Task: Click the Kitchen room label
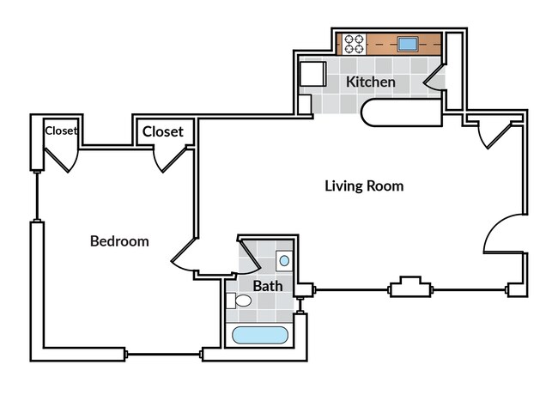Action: (371, 83)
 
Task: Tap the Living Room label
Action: (364, 185)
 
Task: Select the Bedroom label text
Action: (119, 241)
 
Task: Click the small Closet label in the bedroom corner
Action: (61, 131)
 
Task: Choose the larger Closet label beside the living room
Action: (162, 131)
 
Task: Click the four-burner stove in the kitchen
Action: (352, 43)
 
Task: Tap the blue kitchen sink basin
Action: (406, 43)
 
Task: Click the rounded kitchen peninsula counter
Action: (399, 114)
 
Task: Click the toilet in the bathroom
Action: (240, 301)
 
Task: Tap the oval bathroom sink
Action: (284, 260)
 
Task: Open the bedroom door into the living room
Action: (185, 258)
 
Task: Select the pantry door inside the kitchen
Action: (434, 79)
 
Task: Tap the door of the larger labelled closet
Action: (173, 159)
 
